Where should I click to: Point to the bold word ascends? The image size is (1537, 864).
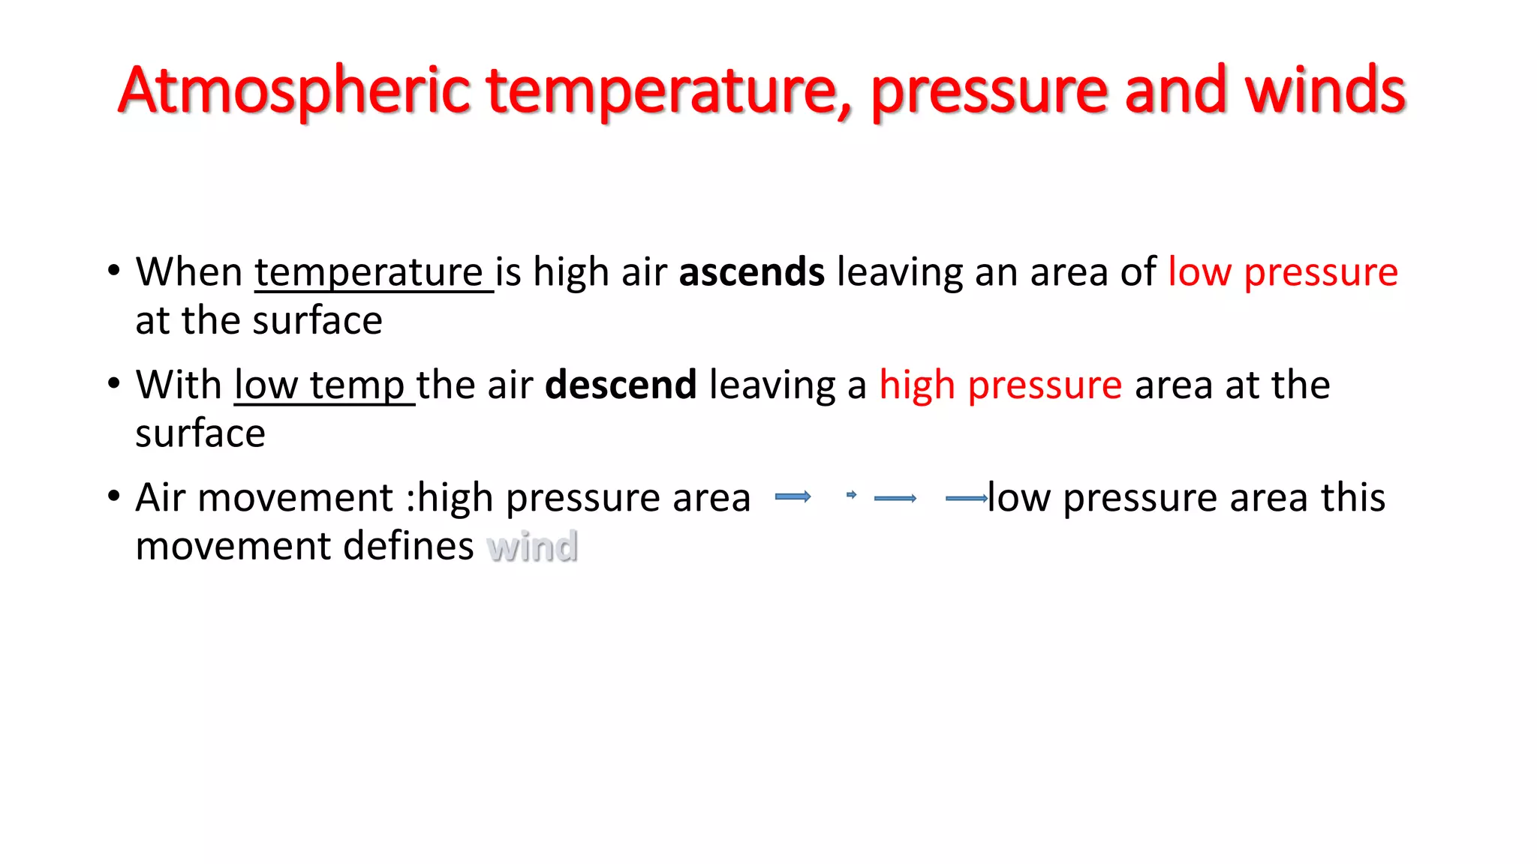751,272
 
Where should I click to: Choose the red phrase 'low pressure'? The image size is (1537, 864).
1283,272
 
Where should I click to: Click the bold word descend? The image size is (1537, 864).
620,385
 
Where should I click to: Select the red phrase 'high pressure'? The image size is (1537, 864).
1000,385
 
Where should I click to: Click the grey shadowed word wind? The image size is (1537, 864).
532,546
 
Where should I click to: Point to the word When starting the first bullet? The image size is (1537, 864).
189,272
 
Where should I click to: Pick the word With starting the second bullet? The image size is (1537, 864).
179,385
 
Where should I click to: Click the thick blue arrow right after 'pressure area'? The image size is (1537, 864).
793,496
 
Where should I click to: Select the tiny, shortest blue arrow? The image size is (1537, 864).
851,495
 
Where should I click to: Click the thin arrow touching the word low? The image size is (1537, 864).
966,498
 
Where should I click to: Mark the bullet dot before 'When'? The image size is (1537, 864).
114,271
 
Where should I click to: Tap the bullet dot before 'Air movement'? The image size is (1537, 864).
114,496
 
